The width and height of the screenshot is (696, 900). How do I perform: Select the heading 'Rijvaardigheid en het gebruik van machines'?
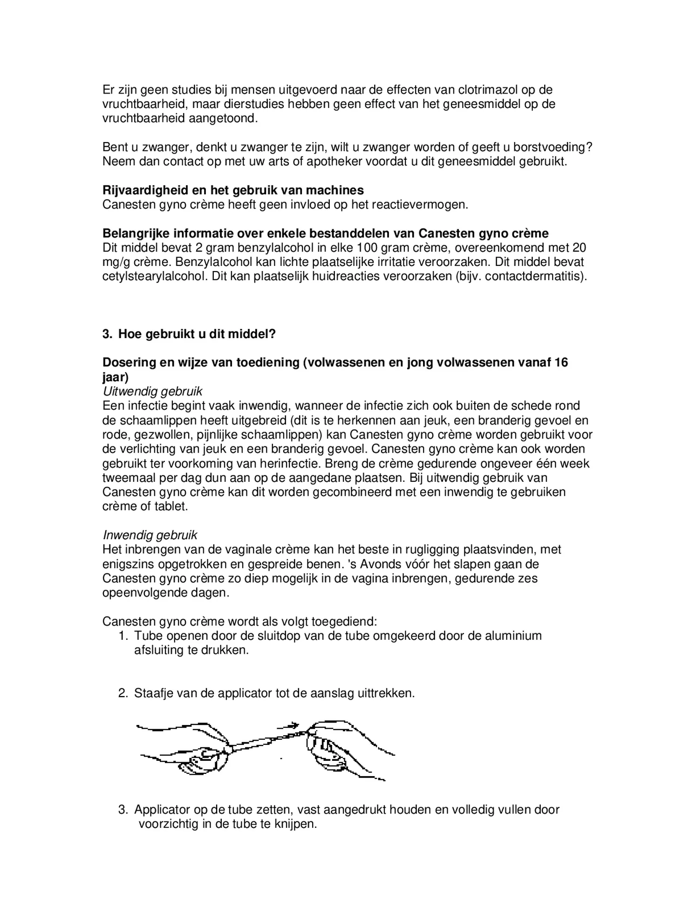click(233, 190)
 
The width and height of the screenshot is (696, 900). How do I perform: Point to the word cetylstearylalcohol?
click(156, 276)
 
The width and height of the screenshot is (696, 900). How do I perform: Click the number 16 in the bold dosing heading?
click(561, 362)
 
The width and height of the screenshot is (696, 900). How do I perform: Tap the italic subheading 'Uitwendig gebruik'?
click(152, 392)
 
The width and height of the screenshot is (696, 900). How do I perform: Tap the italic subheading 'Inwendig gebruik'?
click(150, 535)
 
